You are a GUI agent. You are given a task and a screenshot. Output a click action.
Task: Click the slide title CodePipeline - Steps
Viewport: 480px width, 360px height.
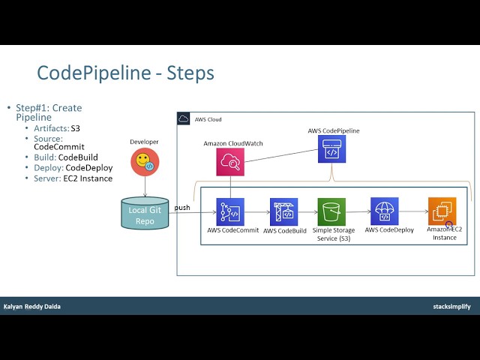(125, 73)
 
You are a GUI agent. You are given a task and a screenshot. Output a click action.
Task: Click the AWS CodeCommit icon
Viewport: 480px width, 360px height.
(230, 212)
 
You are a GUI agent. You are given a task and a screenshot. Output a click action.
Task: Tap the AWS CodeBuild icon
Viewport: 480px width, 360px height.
(283, 212)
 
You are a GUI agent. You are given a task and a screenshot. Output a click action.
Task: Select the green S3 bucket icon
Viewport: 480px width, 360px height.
(331, 212)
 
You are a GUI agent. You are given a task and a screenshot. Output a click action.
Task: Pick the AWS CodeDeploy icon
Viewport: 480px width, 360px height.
(384, 211)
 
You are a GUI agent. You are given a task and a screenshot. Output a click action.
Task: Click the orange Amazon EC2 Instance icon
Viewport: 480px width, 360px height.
(442, 211)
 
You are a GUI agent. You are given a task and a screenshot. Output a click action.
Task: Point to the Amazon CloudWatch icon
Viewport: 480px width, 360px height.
(230, 161)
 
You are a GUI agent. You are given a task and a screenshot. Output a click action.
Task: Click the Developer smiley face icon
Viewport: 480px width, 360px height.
(143, 161)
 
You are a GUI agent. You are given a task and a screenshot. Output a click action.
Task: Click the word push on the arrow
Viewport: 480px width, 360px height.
(182, 207)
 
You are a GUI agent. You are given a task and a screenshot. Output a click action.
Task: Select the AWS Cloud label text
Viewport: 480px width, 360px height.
(208, 120)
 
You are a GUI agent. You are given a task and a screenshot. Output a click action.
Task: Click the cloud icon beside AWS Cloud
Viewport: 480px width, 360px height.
(184, 119)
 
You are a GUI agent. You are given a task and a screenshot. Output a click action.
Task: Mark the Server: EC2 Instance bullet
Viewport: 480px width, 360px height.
(73, 178)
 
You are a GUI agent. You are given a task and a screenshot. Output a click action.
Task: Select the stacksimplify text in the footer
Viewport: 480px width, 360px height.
(451, 306)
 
